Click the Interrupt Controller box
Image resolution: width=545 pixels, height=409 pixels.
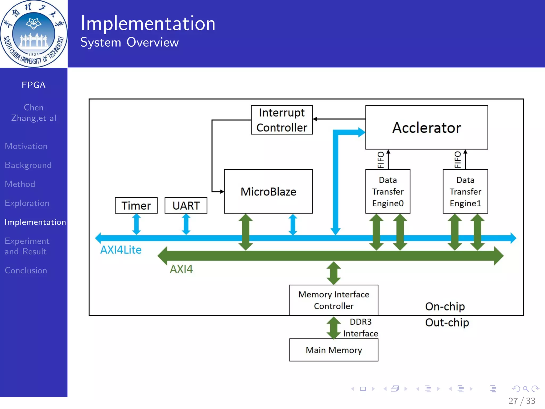[282, 120]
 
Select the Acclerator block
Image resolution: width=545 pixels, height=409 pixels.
[426, 127]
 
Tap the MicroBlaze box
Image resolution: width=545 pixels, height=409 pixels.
[268, 191]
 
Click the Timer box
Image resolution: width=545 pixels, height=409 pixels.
[136, 206]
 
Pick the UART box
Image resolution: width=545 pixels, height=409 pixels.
[186, 206]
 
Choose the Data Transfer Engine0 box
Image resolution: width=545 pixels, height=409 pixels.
[388, 191]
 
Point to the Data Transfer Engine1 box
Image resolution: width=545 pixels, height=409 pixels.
[465, 191]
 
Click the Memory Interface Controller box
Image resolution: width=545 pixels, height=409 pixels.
[334, 300]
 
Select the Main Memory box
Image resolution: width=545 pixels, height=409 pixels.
[334, 350]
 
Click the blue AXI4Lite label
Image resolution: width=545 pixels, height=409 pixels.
[121, 250]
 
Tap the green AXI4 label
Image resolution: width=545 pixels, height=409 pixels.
[181, 269]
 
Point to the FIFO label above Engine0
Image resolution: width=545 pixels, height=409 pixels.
[381, 160]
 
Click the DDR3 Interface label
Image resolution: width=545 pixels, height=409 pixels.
[361, 328]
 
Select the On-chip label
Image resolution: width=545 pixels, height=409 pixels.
[445, 306]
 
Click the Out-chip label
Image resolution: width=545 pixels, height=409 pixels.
[447, 322]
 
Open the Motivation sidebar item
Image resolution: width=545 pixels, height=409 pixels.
[26, 146]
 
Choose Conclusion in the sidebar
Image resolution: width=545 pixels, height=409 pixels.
[26, 271]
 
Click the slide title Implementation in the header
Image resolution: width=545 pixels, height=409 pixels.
[148, 23]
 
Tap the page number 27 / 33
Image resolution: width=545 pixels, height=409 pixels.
[522, 401]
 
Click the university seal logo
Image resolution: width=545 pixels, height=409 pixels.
[34, 34]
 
